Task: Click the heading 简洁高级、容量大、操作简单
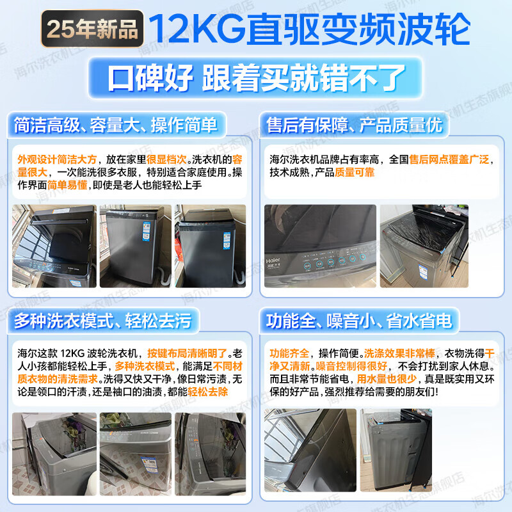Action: point(116,124)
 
